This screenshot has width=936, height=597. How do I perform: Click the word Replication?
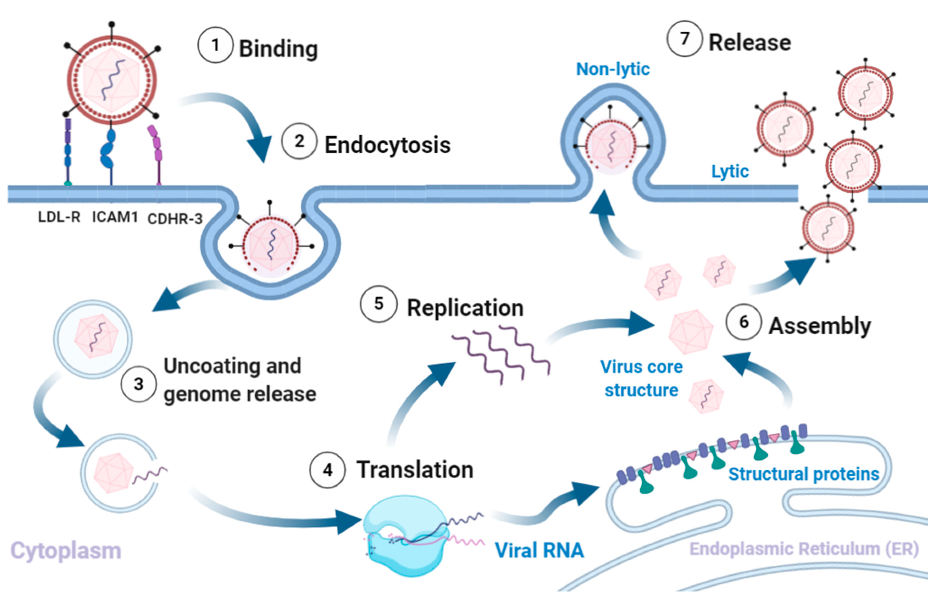click(x=465, y=308)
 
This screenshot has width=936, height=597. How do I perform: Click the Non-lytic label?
click(x=613, y=69)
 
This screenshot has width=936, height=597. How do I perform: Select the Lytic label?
click(x=730, y=171)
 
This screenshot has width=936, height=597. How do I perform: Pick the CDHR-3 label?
click(x=175, y=219)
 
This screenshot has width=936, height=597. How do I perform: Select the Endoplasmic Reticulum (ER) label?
click(x=804, y=549)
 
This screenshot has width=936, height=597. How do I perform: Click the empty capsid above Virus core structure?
click(x=690, y=331)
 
